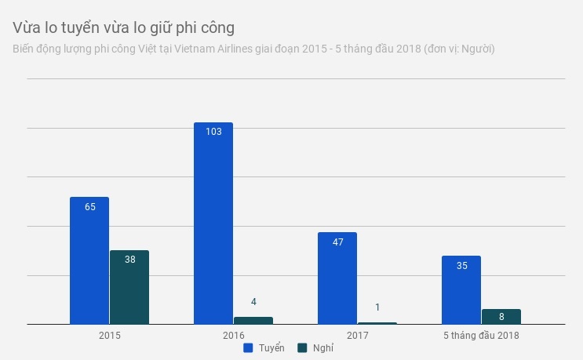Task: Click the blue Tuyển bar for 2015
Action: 89,260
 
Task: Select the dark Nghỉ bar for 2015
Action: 129,287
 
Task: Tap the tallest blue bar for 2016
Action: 213,224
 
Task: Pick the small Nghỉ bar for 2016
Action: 253,320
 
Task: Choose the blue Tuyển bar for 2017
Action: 337,278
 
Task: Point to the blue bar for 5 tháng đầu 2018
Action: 461,290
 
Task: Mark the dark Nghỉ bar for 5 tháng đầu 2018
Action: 501,316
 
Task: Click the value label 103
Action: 213,132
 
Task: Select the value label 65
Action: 89,207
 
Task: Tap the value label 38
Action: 130,260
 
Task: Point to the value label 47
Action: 338,242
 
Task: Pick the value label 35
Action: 461,266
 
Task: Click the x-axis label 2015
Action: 110,335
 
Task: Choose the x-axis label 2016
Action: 234,335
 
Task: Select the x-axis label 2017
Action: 358,335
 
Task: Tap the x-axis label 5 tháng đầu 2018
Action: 481,335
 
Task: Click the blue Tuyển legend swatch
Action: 247,347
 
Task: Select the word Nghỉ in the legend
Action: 322,347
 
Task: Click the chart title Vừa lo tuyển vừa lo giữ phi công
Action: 124,27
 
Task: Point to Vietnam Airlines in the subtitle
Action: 239,49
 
